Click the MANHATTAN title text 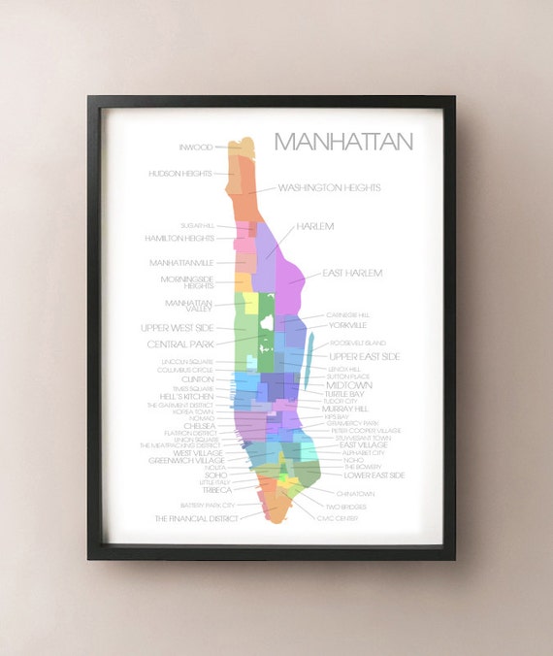(342, 142)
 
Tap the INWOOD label (195, 148)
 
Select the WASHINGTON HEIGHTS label (329, 187)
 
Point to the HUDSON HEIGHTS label (180, 174)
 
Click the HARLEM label (315, 226)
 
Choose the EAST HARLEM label (352, 274)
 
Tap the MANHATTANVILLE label (181, 263)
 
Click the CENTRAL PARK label (180, 344)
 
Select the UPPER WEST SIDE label (177, 328)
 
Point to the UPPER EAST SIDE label (364, 357)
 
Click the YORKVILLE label (347, 325)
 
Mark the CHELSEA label (199, 425)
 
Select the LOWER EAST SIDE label (374, 476)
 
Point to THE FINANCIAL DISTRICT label (196, 518)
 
